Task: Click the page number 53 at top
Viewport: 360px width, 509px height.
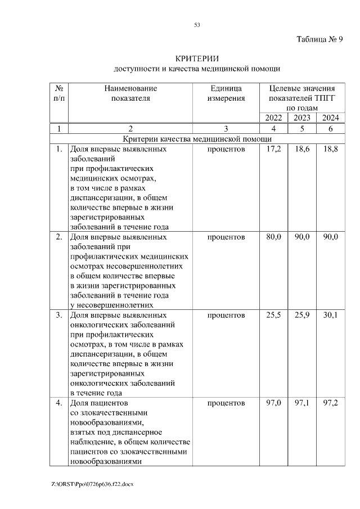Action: coord(197,25)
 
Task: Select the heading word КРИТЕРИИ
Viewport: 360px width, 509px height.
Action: coord(197,58)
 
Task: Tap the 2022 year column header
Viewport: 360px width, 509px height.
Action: coord(273,118)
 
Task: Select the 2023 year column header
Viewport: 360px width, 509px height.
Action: coord(302,118)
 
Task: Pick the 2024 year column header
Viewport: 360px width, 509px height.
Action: coord(330,118)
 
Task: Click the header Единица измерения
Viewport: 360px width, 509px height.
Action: coord(226,93)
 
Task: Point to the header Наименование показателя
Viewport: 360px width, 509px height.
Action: coord(130,93)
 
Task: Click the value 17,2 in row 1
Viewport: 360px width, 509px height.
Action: coord(273,150)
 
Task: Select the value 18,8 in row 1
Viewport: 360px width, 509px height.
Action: coord(330,150)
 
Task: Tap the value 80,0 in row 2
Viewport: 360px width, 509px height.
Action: coord(273,237)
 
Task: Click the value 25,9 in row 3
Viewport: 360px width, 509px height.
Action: coord(302,316)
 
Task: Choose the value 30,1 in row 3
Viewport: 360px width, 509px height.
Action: coord(330,316)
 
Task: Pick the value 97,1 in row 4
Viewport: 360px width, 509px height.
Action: coord(302,403)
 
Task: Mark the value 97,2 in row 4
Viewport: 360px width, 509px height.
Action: coord(330,403)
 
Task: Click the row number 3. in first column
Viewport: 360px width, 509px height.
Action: coord(58,316)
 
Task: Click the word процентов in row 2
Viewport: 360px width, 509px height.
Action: coord(226,237)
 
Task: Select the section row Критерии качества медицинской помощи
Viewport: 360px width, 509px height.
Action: coord(197,139)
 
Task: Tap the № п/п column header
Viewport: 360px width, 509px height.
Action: coord(58,93)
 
